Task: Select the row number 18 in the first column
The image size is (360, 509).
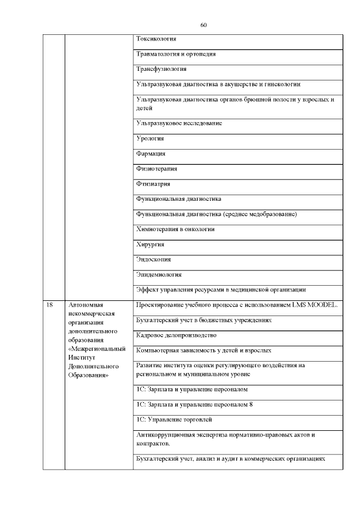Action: click(49, 305)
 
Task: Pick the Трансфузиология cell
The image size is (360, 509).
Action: click(161, 69)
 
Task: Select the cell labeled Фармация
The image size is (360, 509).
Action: click(151, 154)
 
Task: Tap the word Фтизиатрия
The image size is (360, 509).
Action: click(153, 183)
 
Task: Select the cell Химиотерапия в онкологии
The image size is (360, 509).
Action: click(175, 229)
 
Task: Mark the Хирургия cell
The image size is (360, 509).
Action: click(150, 245)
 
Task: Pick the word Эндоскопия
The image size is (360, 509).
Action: click(154, 260)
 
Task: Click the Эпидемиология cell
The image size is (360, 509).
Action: click(159, 275)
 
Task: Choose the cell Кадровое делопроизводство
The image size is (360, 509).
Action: click(176, 335)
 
